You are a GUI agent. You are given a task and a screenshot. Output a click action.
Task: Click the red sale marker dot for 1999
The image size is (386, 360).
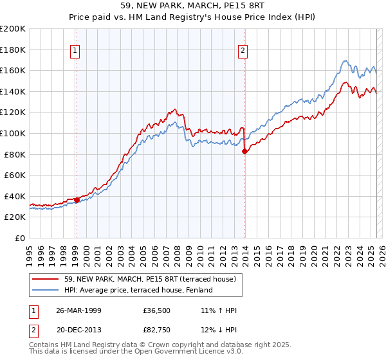(77, 200)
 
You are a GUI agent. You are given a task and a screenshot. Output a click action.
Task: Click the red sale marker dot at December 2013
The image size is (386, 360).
(244, 152)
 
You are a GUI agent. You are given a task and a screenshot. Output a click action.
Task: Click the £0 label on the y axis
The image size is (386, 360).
(20, 238)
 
